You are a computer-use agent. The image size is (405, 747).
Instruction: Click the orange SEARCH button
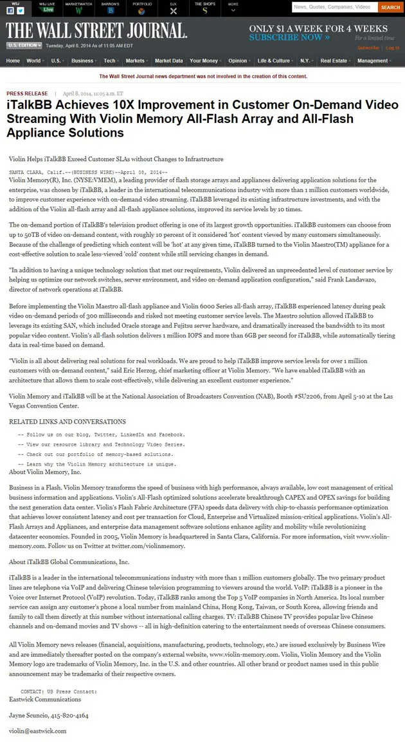tap(390, 7)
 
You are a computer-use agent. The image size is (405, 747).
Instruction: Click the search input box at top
tap(334, 7)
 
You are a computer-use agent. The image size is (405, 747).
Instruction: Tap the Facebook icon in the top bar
tap(11, 11)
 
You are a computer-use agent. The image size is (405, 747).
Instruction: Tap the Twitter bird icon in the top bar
tap(21, 11)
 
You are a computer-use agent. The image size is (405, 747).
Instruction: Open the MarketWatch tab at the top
tap(78, 8)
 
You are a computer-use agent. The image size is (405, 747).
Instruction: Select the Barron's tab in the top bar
tap(111, 8)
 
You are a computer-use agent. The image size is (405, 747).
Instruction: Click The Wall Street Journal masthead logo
tap(96, 30)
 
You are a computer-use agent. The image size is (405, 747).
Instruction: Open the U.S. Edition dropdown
tap(24, 46)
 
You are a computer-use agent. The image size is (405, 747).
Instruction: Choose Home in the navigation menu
tap(13, 61)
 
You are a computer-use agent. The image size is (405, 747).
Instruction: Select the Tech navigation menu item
tap(110, 61)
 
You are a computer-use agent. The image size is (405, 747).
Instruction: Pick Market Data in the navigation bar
tap(168, 61)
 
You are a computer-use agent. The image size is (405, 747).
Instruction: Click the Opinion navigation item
tap(237, 61)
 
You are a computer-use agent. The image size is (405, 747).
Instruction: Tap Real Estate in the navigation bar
tap(334, 61)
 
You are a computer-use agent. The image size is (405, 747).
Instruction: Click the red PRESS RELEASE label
tap(27, 93)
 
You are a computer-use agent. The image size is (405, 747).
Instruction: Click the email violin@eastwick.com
tap(37, 731)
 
